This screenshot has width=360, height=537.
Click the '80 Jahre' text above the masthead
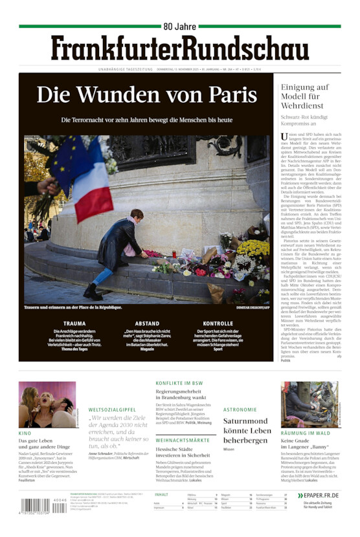tap(179, 27)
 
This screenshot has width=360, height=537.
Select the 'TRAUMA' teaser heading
tap(74, 323)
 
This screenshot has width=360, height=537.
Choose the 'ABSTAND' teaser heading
tap(147, 323)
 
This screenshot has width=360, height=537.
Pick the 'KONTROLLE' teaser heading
tap(218, 323)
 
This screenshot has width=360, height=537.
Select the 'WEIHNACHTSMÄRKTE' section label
tap(182, 440)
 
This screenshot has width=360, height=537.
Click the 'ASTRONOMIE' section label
tap(240, 410)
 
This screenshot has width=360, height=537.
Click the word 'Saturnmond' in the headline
tap(245, 421)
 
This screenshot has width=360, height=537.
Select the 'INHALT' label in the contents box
tap(161, 494)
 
